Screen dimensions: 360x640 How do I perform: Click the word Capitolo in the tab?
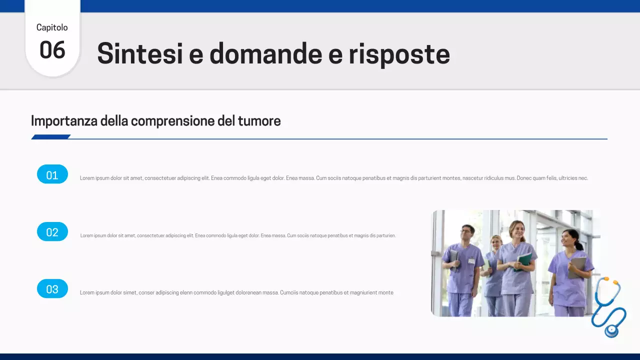tap(52, 27)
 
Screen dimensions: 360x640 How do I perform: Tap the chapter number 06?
tap(52, 50)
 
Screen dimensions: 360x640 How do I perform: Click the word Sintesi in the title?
tap(140, 53)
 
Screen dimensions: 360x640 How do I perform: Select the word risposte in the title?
tap(399, 53)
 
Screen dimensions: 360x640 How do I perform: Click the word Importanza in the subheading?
tap(64, 121)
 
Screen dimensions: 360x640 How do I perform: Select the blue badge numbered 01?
tap(52, 174)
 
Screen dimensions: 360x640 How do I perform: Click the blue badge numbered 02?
tap(52, 232)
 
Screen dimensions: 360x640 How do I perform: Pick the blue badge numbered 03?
tap(52, 289)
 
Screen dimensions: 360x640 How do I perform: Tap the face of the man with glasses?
tap(466, 233)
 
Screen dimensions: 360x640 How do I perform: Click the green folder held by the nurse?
tap(524, 259)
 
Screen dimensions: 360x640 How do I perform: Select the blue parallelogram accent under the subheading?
tap(50, 137)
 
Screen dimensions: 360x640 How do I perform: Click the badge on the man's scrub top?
tap(471, 260)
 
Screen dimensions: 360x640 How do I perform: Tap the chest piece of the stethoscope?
tap(611, 330)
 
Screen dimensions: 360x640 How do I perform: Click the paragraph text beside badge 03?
tap(236, 292)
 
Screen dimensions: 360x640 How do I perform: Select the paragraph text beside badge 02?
tap(238, 235)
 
